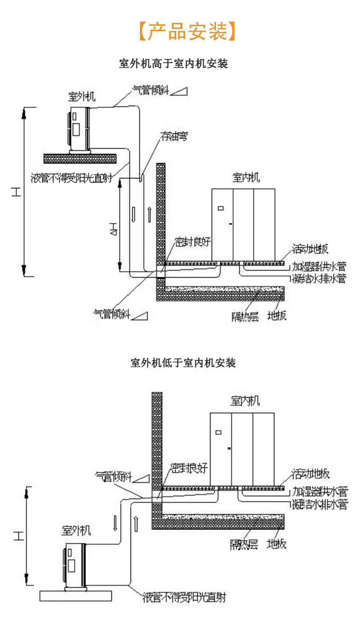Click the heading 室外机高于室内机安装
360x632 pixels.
pos(173,64)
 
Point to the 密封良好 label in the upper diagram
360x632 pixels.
pos(193,242)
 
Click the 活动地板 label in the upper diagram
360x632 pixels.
pos(310,249)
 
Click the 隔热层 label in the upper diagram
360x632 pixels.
pos(245,316)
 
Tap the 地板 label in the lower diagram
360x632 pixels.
pos(276,544)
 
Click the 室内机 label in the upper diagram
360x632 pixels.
pos(246,177)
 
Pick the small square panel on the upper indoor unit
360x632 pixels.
pos(220,208)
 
